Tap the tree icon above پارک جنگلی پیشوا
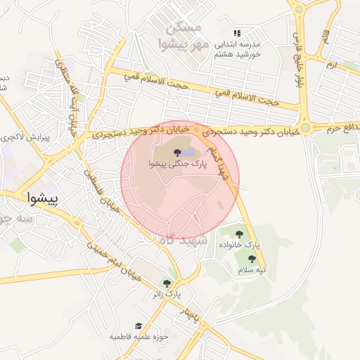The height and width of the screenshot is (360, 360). pos(175,151)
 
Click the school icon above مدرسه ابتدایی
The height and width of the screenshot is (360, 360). pos(238,33)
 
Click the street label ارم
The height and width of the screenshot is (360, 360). pos(331,64)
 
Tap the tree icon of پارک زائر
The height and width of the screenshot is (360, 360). pos(167,282)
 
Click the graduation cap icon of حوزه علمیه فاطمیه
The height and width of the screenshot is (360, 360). pos(139,326)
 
